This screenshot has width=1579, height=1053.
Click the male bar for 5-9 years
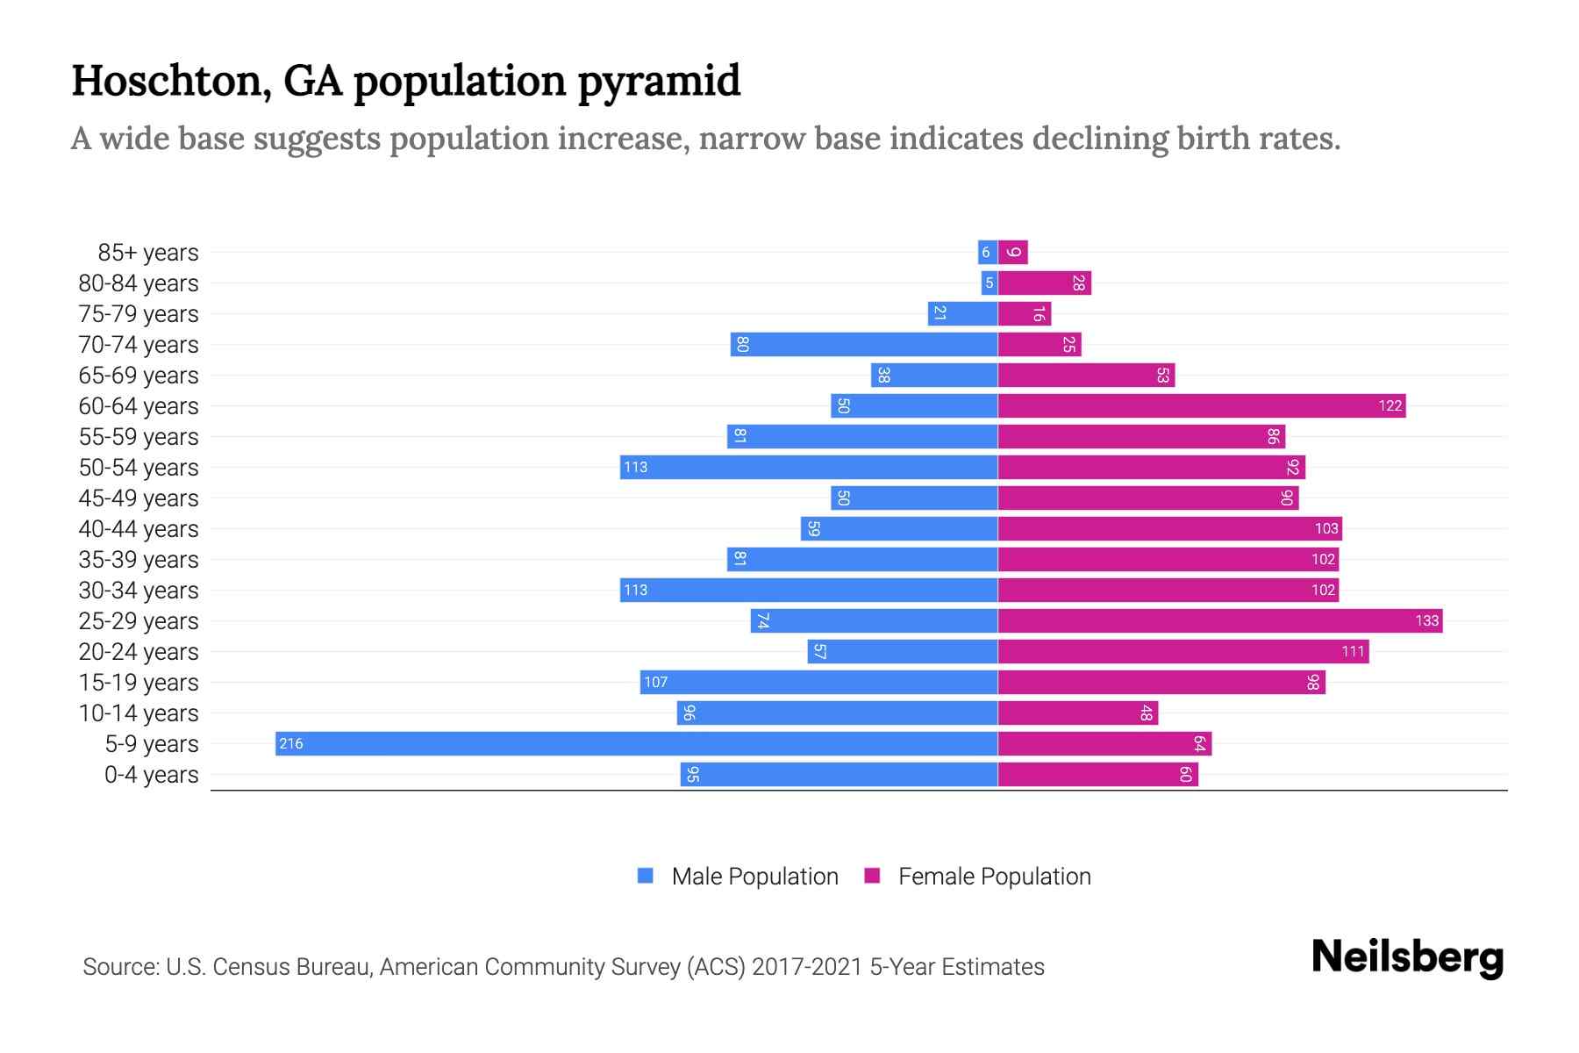pos(636,743)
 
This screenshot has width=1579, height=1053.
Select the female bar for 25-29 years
pos(1219,620)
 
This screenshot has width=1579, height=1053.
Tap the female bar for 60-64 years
pos(1202,405)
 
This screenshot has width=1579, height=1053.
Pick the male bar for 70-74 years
pos(864,344)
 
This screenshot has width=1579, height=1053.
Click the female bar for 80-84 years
pos(1044,283)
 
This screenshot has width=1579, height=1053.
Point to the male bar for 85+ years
pos(988,252)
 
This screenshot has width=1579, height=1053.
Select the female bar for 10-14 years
pos(1077,713)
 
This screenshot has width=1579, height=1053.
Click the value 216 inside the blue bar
pos(290,744)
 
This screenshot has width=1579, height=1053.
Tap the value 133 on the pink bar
pos(1426,621)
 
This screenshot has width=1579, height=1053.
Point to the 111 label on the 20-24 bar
pos(1353,651)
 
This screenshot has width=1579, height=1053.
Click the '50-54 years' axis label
pos(139,468)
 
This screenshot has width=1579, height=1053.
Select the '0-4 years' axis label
pos(151,775)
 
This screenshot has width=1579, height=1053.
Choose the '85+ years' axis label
pos(148,253)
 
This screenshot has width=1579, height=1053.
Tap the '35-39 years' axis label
pos(139,560)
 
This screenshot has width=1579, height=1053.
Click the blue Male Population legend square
pos(646,876)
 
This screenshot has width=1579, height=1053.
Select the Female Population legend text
pos(994,876)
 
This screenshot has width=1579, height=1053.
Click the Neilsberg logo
pos(1407,957)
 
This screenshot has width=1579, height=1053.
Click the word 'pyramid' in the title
pos(659,82)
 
